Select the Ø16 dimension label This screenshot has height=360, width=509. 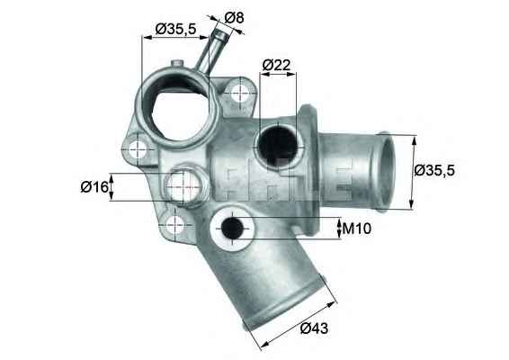point(94,186)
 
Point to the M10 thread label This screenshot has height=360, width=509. point(357,229)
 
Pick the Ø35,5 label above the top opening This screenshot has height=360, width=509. point(176,29)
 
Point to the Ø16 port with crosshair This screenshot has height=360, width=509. point(184,186)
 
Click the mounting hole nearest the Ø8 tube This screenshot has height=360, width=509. point(239,91)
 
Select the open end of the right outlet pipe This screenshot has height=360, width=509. point(386,171)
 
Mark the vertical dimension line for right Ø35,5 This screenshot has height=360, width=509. point(414,171)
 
